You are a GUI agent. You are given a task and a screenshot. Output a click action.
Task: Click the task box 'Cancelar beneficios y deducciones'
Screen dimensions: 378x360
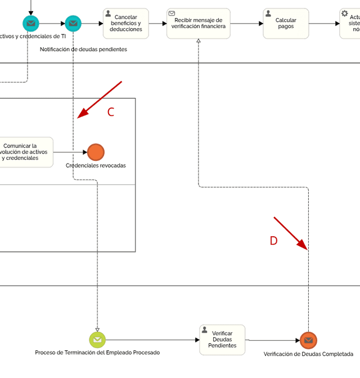(125, 24)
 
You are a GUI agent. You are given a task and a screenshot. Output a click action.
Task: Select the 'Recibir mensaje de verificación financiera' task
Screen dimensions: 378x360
(198, 24)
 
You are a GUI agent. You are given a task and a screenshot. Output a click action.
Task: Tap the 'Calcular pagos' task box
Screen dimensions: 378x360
(286, 24)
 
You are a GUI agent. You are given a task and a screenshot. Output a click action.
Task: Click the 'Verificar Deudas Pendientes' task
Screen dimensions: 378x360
(222, 340)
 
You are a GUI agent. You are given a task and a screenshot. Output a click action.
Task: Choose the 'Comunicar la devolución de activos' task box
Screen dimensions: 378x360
(26, 152)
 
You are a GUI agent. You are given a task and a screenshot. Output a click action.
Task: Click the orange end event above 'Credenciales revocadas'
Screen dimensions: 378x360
(96, 152)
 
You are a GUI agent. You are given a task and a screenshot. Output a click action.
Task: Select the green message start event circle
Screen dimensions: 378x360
(97, 340)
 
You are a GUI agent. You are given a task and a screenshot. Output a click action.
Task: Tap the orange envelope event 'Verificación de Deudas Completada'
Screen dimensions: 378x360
(308, 340)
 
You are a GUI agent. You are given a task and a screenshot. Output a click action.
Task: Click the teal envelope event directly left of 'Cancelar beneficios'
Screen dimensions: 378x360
(73, 24)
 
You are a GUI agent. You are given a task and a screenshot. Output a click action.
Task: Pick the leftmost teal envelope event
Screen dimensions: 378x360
(31, 24)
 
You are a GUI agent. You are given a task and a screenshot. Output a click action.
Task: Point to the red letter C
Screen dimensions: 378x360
(111, 112)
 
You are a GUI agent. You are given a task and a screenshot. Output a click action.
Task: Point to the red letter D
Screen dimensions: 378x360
(273, 241)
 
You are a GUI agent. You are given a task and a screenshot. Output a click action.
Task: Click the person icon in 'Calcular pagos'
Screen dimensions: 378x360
(268, 13)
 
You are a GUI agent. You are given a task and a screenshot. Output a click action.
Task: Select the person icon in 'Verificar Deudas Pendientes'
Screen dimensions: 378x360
(205, 330)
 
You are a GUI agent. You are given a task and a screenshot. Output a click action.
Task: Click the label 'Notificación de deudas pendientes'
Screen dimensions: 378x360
(83, 49)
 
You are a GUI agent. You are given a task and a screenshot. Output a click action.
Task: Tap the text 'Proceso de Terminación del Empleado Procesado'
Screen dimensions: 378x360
(97, 353)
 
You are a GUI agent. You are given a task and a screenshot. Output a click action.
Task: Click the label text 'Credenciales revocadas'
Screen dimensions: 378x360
(96, 165)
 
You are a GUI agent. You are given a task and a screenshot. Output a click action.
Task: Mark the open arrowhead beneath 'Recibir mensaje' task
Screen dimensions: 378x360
(199, 42)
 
